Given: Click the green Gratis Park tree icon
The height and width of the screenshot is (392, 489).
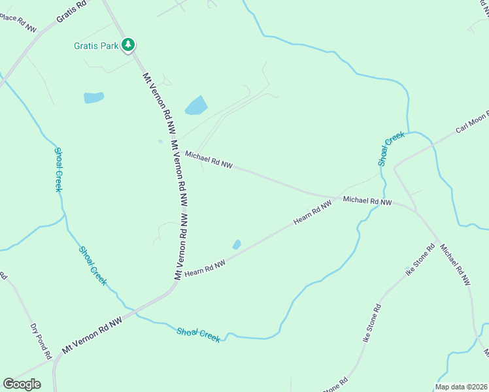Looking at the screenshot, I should (x=129, y=44).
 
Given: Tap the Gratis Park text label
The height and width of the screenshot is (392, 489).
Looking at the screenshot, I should (x=96, y=46).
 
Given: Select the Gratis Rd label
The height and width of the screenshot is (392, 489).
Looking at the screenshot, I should (x=71, y=12).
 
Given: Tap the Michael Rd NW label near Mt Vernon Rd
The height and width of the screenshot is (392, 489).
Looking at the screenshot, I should (x=209, y=160).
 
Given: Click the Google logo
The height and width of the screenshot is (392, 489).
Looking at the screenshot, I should (x=22, y=384).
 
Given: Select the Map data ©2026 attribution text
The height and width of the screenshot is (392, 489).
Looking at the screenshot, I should (x=461, y=387).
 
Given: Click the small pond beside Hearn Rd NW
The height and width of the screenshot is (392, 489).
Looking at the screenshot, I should (x=237, y=244).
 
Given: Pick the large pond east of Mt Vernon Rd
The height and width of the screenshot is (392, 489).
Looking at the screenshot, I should (x=196, y=105).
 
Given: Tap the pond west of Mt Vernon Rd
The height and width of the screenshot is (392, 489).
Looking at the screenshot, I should (x=93, y=98).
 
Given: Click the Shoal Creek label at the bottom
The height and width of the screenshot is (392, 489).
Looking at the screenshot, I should (x=198, y=335).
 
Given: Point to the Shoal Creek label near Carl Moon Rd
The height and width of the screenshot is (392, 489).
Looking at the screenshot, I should (x=391, y=148).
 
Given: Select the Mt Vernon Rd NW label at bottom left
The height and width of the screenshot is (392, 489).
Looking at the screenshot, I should (x=92, y=336).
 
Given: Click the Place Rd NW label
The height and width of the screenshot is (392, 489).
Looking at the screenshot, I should (x=18, y=22).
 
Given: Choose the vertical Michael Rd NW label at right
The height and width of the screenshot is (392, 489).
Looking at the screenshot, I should (x=454, y=265).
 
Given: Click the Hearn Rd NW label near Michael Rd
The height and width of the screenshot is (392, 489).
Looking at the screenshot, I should (x=312, y=213).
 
